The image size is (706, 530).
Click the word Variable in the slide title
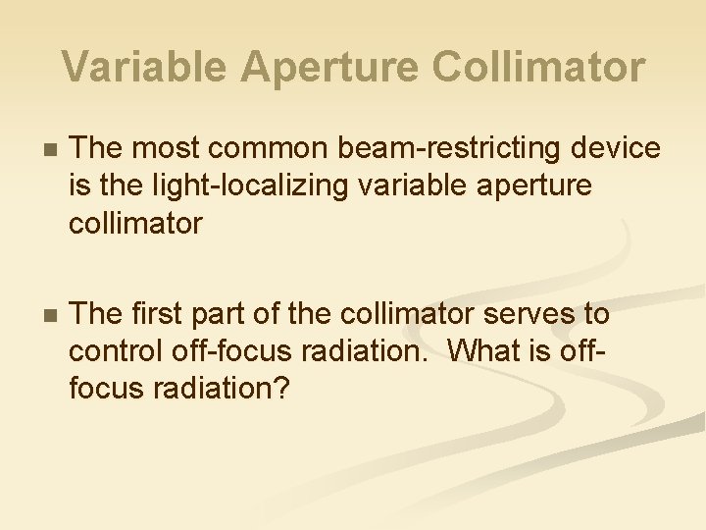(x=144, y=67)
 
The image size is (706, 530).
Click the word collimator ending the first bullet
(x=135, y=223)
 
